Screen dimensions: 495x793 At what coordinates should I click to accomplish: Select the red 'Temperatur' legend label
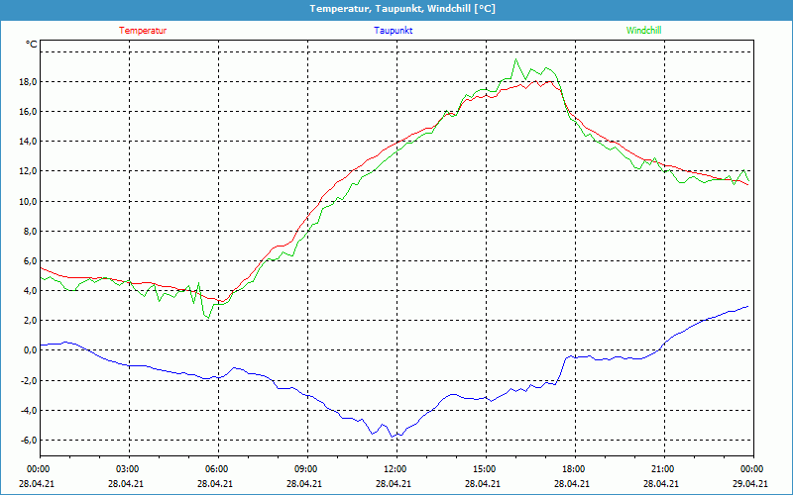coord(143,31)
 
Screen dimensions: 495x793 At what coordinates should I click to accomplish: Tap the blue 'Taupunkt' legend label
coord(394,31)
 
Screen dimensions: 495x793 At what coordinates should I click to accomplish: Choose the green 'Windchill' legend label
coord(644,31)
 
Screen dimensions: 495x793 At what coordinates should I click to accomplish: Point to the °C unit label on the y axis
coord(32,45)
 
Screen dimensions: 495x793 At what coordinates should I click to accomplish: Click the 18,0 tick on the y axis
coord(27,81)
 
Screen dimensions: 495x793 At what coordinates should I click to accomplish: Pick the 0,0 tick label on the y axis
coord(29,350)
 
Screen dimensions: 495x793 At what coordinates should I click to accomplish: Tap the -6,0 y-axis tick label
coord(27,441)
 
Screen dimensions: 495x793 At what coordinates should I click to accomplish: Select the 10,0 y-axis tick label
coord(27,201)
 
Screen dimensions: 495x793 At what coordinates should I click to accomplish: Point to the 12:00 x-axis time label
coord(396,468)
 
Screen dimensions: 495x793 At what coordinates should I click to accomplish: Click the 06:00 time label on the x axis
coord(217,468)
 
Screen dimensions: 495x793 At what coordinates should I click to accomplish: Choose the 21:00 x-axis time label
coord(663,468)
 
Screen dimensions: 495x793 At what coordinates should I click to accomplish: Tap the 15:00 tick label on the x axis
coord(485,468)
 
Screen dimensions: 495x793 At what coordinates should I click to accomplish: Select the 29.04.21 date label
coord(752,483)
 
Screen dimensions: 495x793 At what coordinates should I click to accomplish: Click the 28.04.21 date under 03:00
coord(128,483)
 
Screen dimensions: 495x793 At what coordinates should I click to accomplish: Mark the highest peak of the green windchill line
coord(515,59)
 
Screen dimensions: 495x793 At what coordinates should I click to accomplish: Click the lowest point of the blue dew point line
coord(392,437)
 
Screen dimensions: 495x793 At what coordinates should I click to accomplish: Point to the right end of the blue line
coord(748,306)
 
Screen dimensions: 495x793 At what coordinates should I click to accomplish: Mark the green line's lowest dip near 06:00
coord(208,318)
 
